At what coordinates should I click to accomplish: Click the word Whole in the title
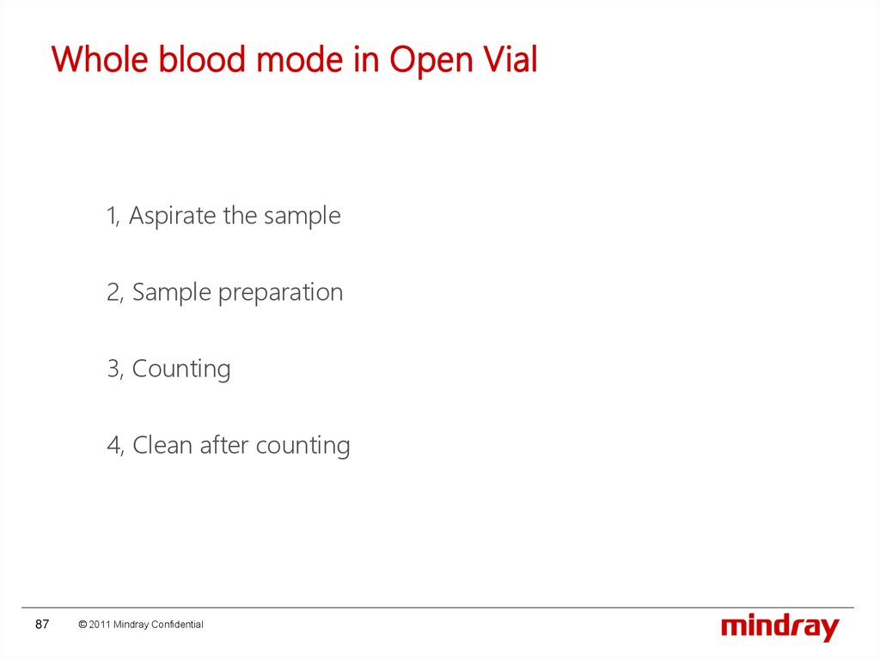point(100,59)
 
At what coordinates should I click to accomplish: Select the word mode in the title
point(300,59)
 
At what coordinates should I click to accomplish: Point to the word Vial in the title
point(511,58)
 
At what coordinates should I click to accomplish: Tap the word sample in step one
point(302,217)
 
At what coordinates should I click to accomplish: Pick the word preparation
point(280,293)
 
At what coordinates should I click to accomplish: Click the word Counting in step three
point(181,369)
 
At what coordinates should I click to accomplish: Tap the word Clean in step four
point(162,445)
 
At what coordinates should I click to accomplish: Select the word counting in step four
point(303,446)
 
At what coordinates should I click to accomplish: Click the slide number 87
point(42,624)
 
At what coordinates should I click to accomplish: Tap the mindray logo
point(780,627)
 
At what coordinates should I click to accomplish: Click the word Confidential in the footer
point(177,624)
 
